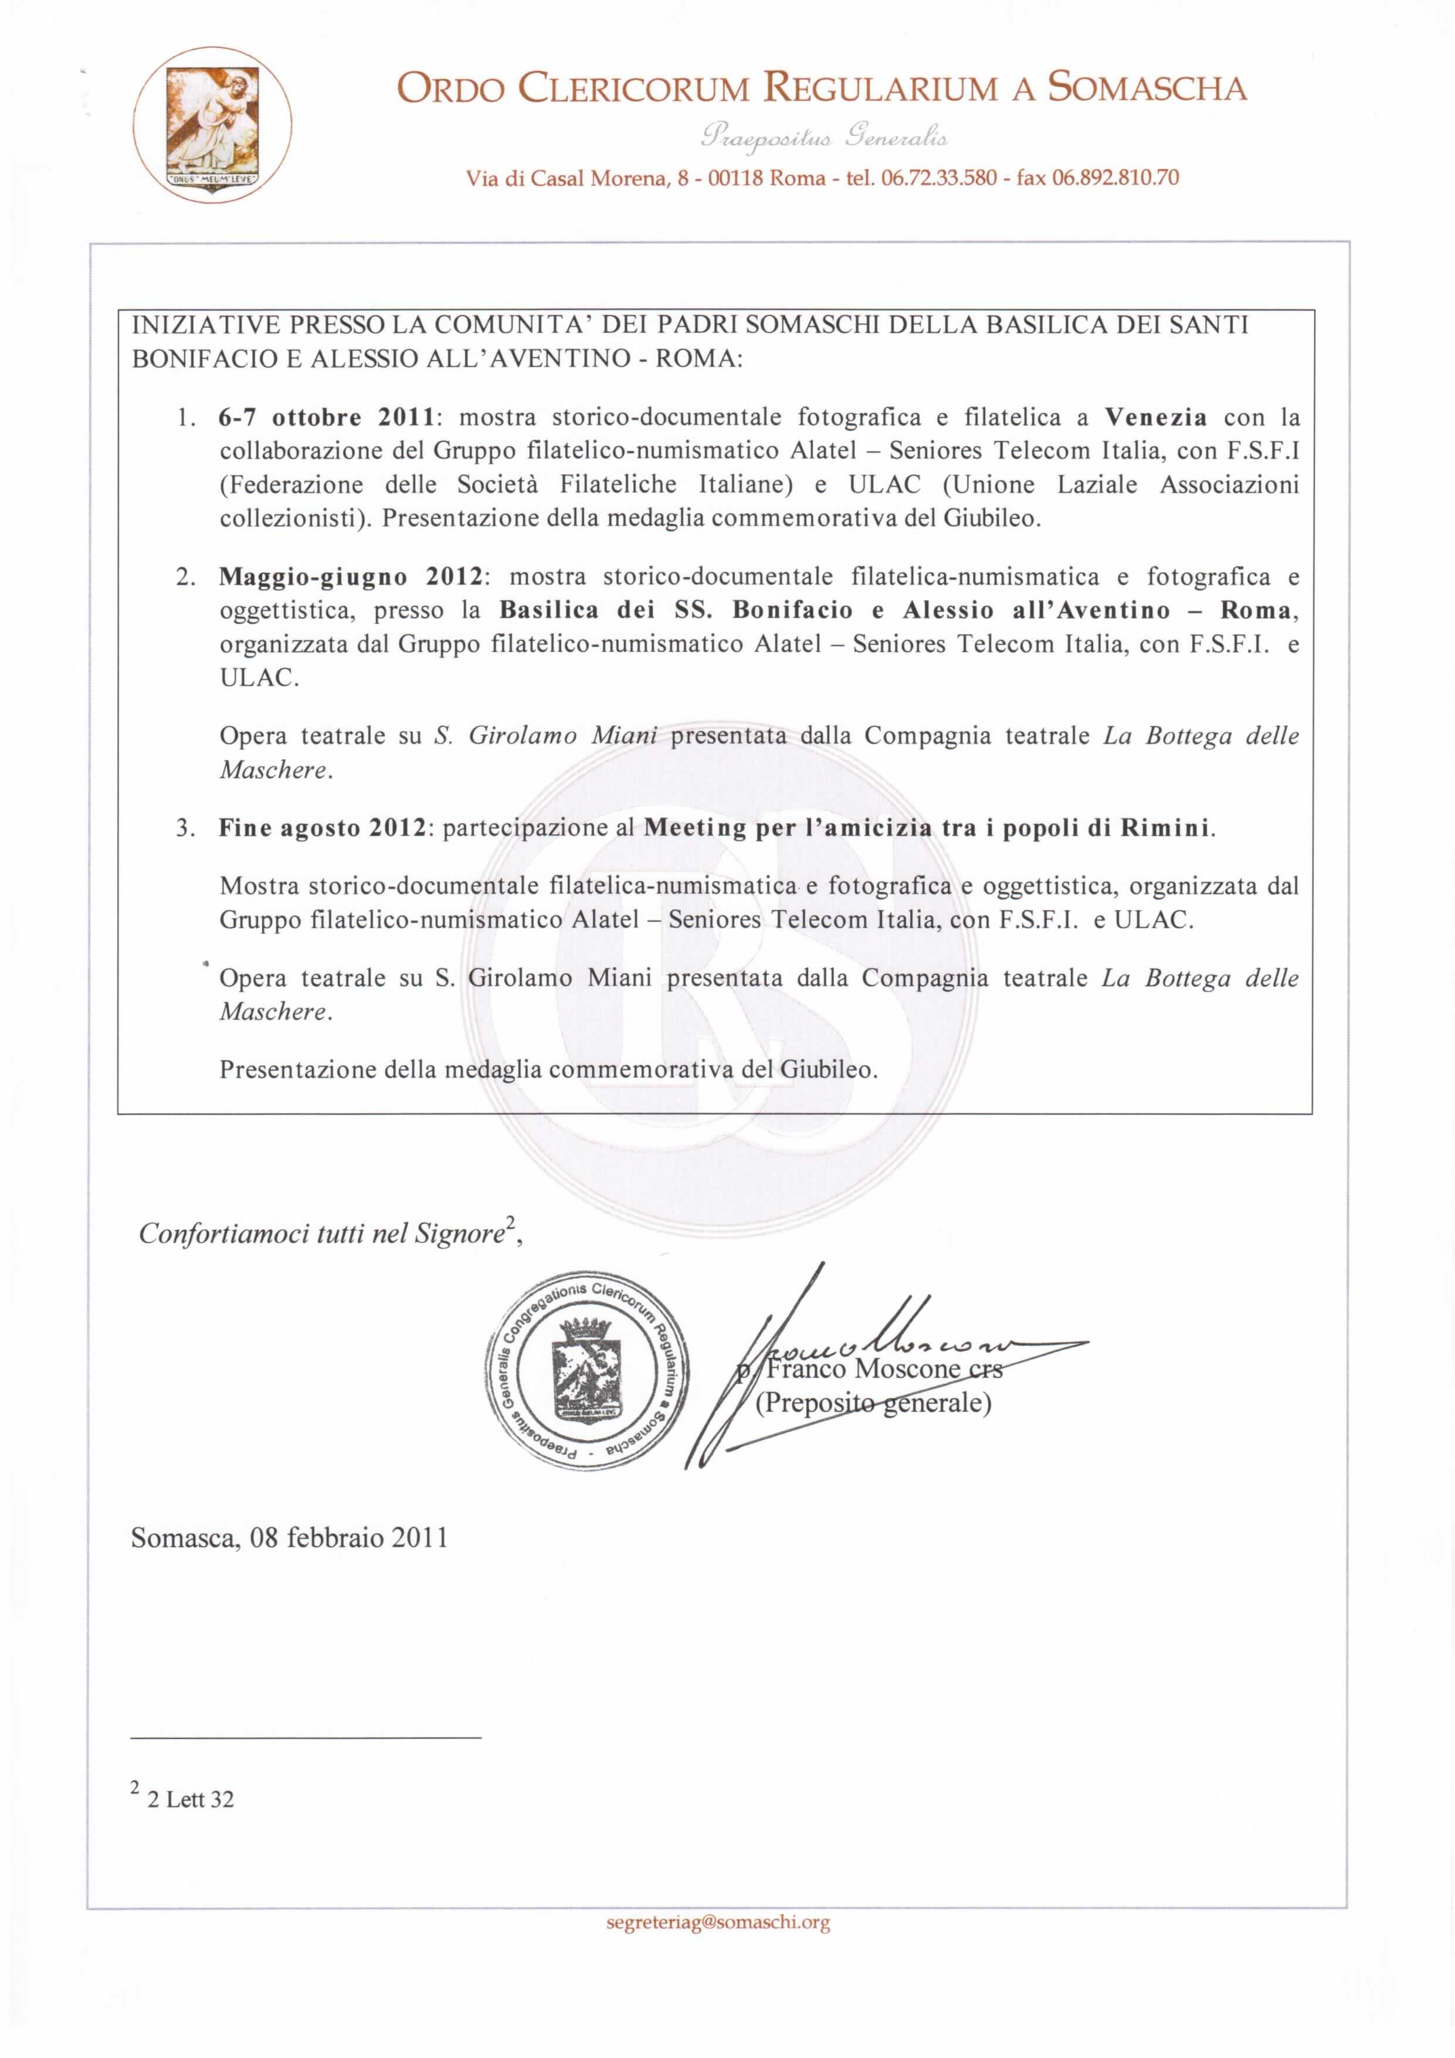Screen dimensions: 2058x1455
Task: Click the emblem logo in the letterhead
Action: pos(212,124)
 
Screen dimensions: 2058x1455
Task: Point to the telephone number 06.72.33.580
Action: pos(938,178)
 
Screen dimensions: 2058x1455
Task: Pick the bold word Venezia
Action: pos(1155,417)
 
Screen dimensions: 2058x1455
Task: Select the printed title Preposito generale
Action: pos(873,1402)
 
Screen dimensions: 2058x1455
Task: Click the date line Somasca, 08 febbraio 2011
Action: pos(289,1538)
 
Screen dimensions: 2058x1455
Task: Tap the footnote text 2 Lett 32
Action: pos(189,1799)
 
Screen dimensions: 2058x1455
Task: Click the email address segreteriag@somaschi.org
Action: pos(717,1922)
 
